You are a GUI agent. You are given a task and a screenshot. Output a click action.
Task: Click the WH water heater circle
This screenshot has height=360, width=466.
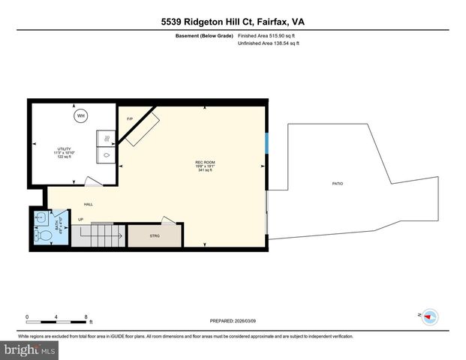pos(79,115)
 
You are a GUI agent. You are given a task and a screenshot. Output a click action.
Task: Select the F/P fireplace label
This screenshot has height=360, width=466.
pos(129,119)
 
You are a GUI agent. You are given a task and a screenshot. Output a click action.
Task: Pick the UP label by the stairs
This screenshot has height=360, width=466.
pos(80,220)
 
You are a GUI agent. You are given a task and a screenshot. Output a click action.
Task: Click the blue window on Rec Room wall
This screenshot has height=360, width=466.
pos(267,143)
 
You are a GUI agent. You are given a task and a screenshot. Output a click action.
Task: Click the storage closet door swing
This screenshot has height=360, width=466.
pos(170,220)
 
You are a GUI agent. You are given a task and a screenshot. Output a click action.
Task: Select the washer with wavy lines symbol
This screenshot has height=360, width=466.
pos(107,139)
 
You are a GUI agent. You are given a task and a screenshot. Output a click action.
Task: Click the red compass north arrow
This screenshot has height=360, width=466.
pos(429,317)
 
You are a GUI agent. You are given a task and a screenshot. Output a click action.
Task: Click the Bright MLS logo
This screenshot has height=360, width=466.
pos(30,349)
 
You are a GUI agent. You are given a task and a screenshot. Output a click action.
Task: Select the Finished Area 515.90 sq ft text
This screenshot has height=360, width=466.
pos(268,36)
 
